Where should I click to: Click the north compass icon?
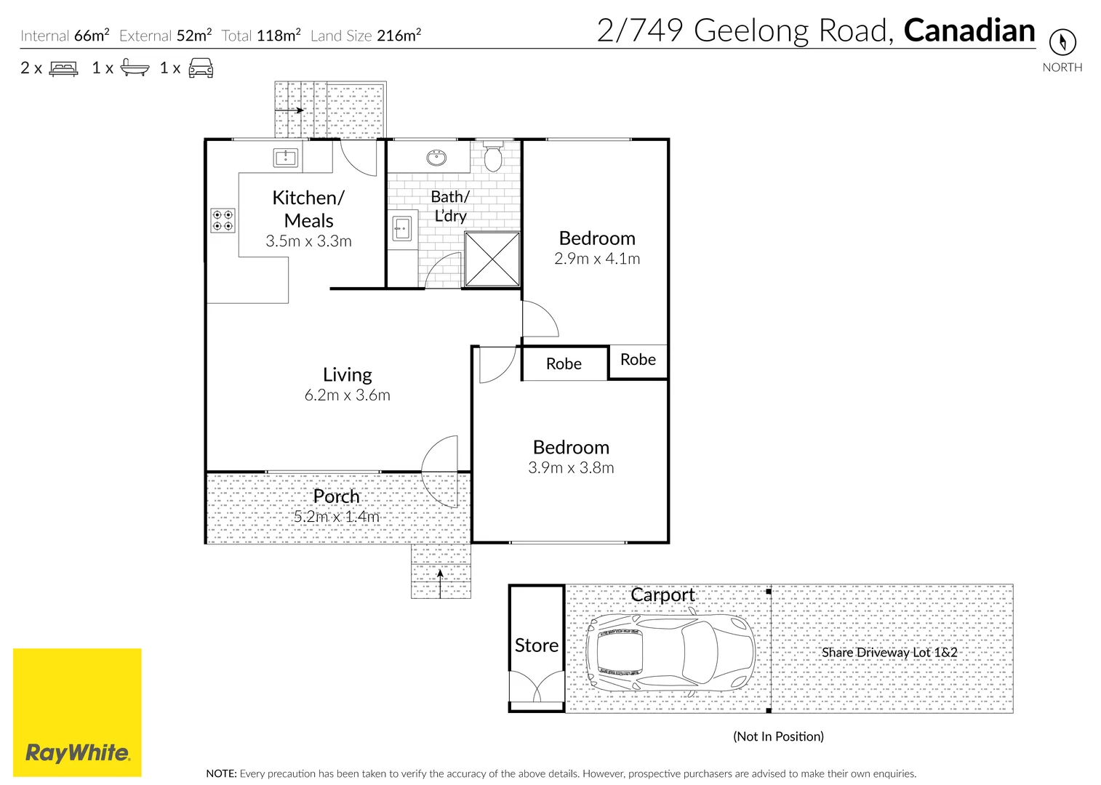pos(1062,41)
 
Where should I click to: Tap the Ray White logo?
pos(77,712)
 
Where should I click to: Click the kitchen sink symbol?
pos(286,158)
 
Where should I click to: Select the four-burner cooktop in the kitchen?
pos(223,220)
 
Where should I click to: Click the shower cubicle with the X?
pos(492,259)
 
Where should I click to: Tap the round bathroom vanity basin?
pos(436,158)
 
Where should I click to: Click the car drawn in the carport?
pos(670,651)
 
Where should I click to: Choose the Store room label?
pos(537,645)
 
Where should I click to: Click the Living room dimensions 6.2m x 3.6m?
pos(348,395)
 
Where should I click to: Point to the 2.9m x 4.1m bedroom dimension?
pos(597,259)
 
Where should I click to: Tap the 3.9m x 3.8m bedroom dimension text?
pos(571,468)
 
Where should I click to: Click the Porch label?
pos(336,496)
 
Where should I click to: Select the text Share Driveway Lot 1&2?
pos(889,653)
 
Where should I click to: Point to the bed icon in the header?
pos(63,69)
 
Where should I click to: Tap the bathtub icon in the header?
pos(135,68)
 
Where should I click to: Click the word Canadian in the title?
pos(969,31)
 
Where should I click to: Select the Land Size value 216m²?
pos(399,35)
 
